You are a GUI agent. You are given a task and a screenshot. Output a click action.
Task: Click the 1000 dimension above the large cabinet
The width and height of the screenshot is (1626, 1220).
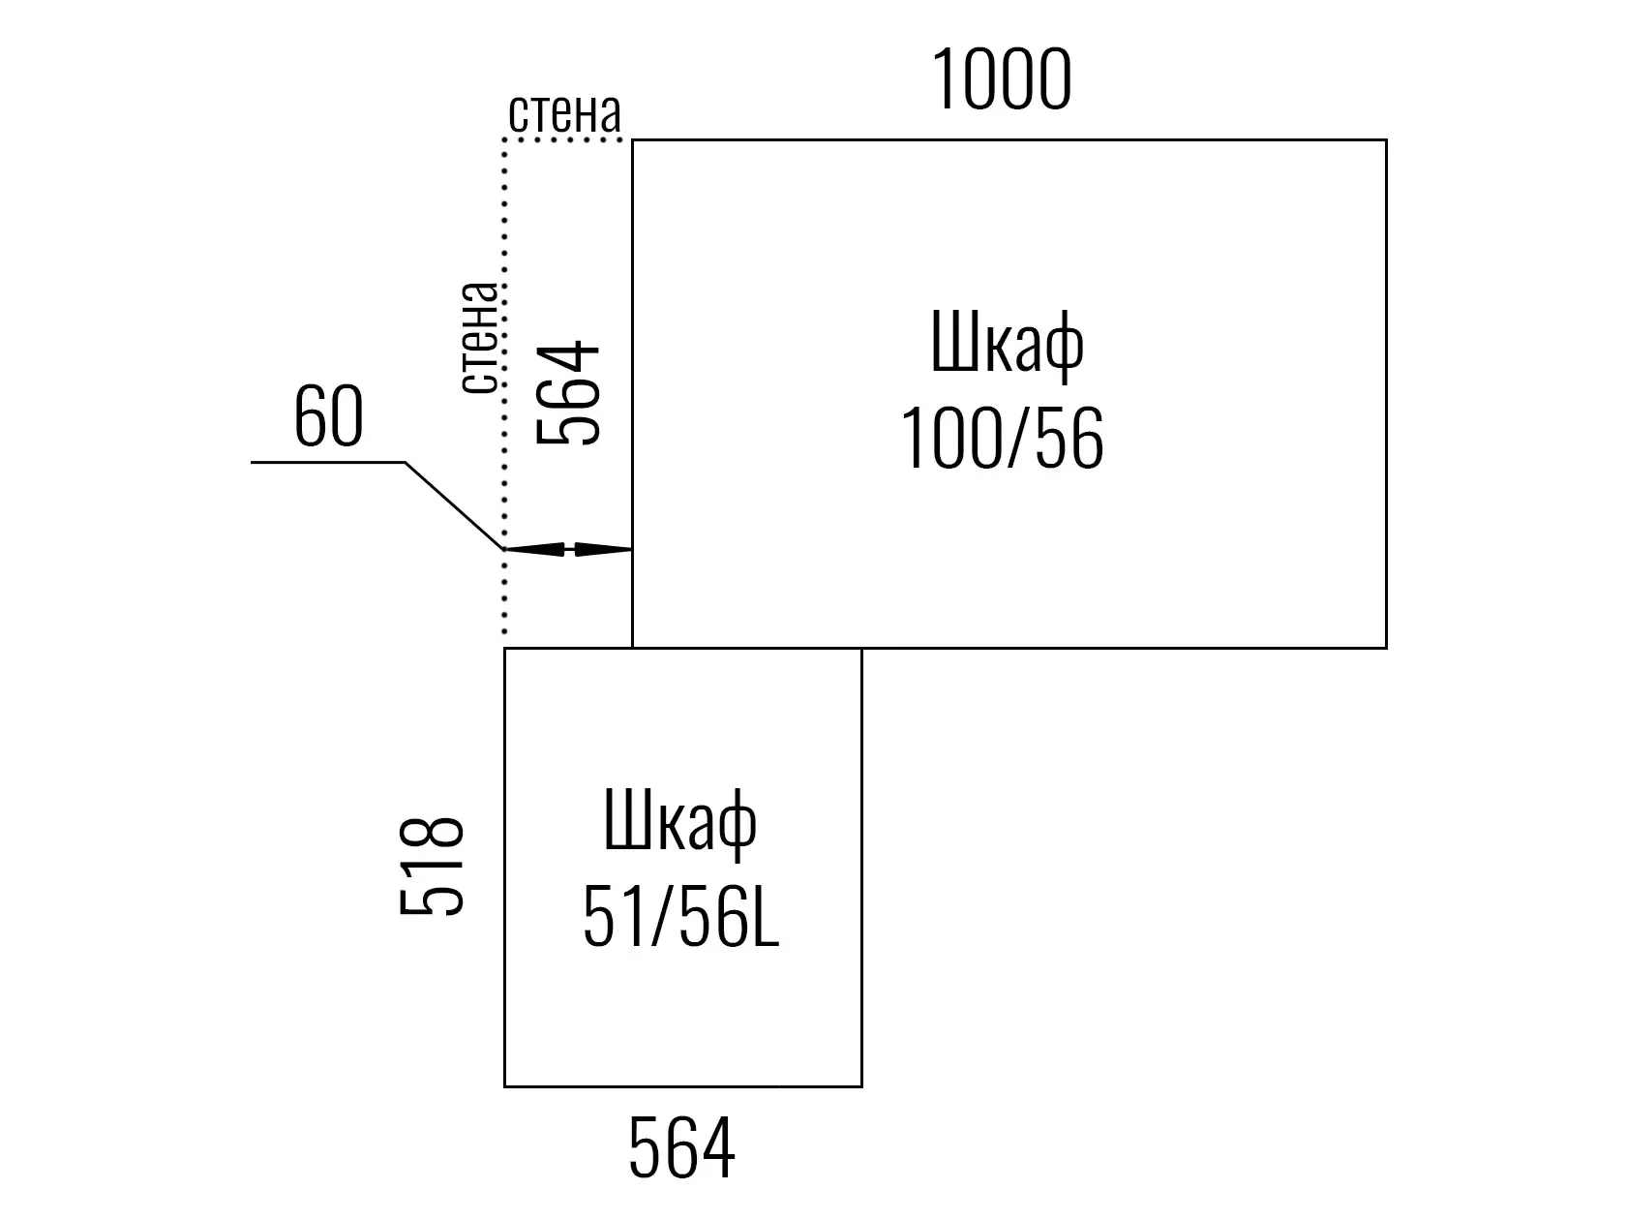pos(1001,78)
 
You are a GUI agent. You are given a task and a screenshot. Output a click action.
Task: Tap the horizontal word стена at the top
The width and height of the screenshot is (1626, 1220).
pos(564,113)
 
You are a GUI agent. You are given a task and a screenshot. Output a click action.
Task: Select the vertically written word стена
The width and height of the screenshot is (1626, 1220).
pos(479,338)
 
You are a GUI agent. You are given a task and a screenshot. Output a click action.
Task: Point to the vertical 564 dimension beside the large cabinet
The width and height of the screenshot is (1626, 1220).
pos(567,392)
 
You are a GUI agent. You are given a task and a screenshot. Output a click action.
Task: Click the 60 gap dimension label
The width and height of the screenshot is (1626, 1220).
pos(329,417)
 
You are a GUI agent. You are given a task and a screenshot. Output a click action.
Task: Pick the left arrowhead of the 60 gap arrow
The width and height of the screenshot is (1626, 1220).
pos(533,549)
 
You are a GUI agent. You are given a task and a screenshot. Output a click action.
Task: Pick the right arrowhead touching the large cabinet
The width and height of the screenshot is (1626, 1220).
pos(603,549)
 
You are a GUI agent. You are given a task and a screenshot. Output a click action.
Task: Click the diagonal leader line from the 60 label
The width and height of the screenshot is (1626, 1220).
pos(454,506)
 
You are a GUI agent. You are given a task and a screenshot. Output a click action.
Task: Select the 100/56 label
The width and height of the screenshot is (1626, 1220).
pos(1003,439)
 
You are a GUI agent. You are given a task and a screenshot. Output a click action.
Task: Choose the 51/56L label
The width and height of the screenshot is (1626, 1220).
pos(680,917)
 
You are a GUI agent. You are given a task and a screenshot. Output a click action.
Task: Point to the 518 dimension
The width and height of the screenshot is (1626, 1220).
pos(431,867)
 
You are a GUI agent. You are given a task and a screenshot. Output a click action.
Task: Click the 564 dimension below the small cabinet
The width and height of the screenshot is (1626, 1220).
pos(681,1148)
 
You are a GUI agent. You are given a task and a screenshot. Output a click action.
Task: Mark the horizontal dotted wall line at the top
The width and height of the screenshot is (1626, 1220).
pos(562,139)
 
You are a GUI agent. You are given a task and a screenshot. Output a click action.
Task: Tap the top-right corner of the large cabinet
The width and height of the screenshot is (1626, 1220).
pos(1386,140)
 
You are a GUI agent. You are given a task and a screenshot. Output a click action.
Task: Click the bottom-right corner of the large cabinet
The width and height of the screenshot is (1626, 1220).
pos(1386,648)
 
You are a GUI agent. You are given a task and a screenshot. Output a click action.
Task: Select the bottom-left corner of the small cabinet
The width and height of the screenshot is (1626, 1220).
pos(505,1086)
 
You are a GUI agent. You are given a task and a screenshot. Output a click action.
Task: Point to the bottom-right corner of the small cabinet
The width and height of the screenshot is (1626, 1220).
pos(862,1086)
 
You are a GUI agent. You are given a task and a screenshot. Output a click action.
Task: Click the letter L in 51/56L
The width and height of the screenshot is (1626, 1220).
pos(766,917)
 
